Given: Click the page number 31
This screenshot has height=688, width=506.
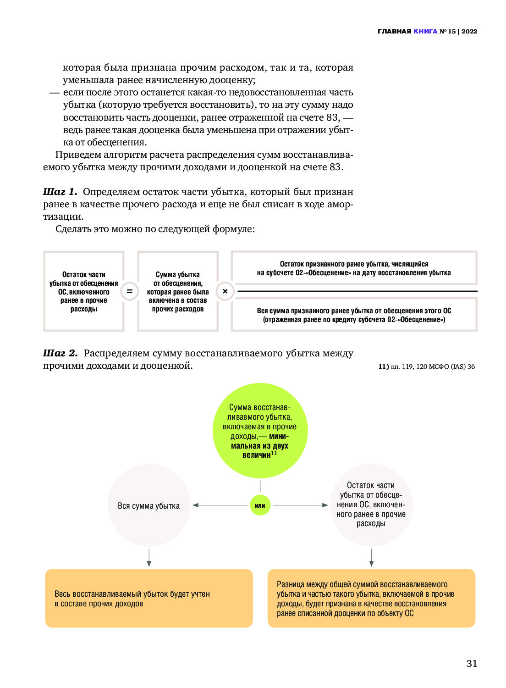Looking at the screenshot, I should (x=472, y=663).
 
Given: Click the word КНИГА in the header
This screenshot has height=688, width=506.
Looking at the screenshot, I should (x=425, y=31).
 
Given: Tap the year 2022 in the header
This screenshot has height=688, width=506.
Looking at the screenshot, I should (x=469, y=31).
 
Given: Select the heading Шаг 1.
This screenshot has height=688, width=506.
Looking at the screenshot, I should (x=60, y=192).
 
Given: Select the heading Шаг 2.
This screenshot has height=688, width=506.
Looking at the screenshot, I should (x=60, y=353).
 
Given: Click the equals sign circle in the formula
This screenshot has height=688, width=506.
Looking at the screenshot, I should (x=130, y=291).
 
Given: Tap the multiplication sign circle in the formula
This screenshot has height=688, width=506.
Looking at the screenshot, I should (x=225, y=291).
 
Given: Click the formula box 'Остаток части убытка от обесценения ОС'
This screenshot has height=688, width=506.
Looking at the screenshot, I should (x=84, y=291).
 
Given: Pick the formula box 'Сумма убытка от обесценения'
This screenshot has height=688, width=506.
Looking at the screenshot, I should (x=178, y=291).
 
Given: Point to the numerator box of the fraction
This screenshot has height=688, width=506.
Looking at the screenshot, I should (x=354, y=268).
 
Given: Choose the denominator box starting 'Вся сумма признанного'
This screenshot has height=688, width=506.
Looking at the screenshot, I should (x=354, y=315).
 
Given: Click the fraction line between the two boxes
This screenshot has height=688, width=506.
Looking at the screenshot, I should (x=357, y=291).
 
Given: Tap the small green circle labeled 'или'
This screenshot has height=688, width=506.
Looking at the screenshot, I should (x=260, y=505).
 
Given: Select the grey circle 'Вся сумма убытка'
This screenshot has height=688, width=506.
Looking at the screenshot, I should (x=148, y=505).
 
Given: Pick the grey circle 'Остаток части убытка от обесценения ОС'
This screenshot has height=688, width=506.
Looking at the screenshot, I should (x=371, y=505).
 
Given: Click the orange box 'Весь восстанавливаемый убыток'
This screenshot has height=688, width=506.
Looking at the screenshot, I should (x=148, y=598).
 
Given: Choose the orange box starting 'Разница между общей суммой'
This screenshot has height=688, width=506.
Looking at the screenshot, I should (x=371, y=598).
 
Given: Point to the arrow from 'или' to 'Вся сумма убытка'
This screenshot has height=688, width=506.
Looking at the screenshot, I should (x=220, y=505).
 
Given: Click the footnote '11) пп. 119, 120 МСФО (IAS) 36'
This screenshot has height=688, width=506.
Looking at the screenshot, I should (x=426, y=366).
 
